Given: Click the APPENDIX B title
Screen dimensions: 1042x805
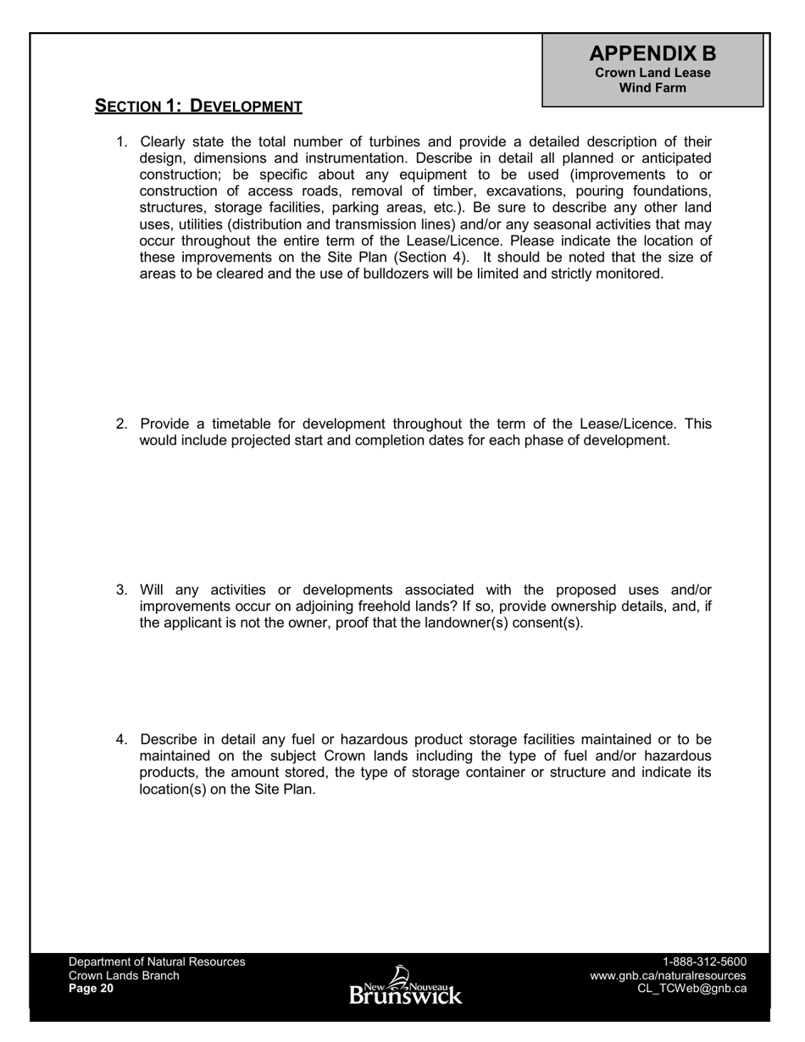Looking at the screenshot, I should (x=652, y=53).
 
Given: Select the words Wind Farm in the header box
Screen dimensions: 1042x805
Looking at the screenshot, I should (x=652, y=87).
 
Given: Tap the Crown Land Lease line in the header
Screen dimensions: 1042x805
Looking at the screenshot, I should (x=652, y=73).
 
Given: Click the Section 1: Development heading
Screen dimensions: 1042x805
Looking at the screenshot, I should (x=198, y=106).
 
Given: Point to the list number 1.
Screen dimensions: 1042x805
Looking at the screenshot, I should (x=121, y=142).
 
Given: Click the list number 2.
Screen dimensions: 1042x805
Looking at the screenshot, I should (x=121, y=424).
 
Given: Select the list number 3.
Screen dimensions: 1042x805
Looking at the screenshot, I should (x=121, y=590).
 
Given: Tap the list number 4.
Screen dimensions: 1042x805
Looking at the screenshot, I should (x=121, y=740).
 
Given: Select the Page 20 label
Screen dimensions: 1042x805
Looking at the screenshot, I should (x=91, y=989).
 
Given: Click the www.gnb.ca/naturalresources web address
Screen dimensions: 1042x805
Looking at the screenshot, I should (x=668, y=975).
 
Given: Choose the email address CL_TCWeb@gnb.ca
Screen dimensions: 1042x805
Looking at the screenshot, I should (x=691, y=989).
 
